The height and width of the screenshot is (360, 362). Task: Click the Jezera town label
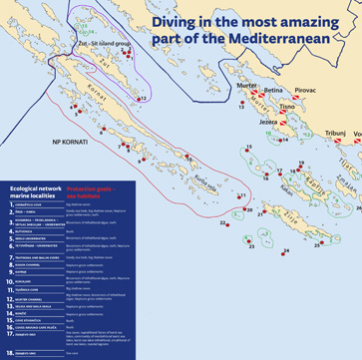[x=267, y=123]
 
